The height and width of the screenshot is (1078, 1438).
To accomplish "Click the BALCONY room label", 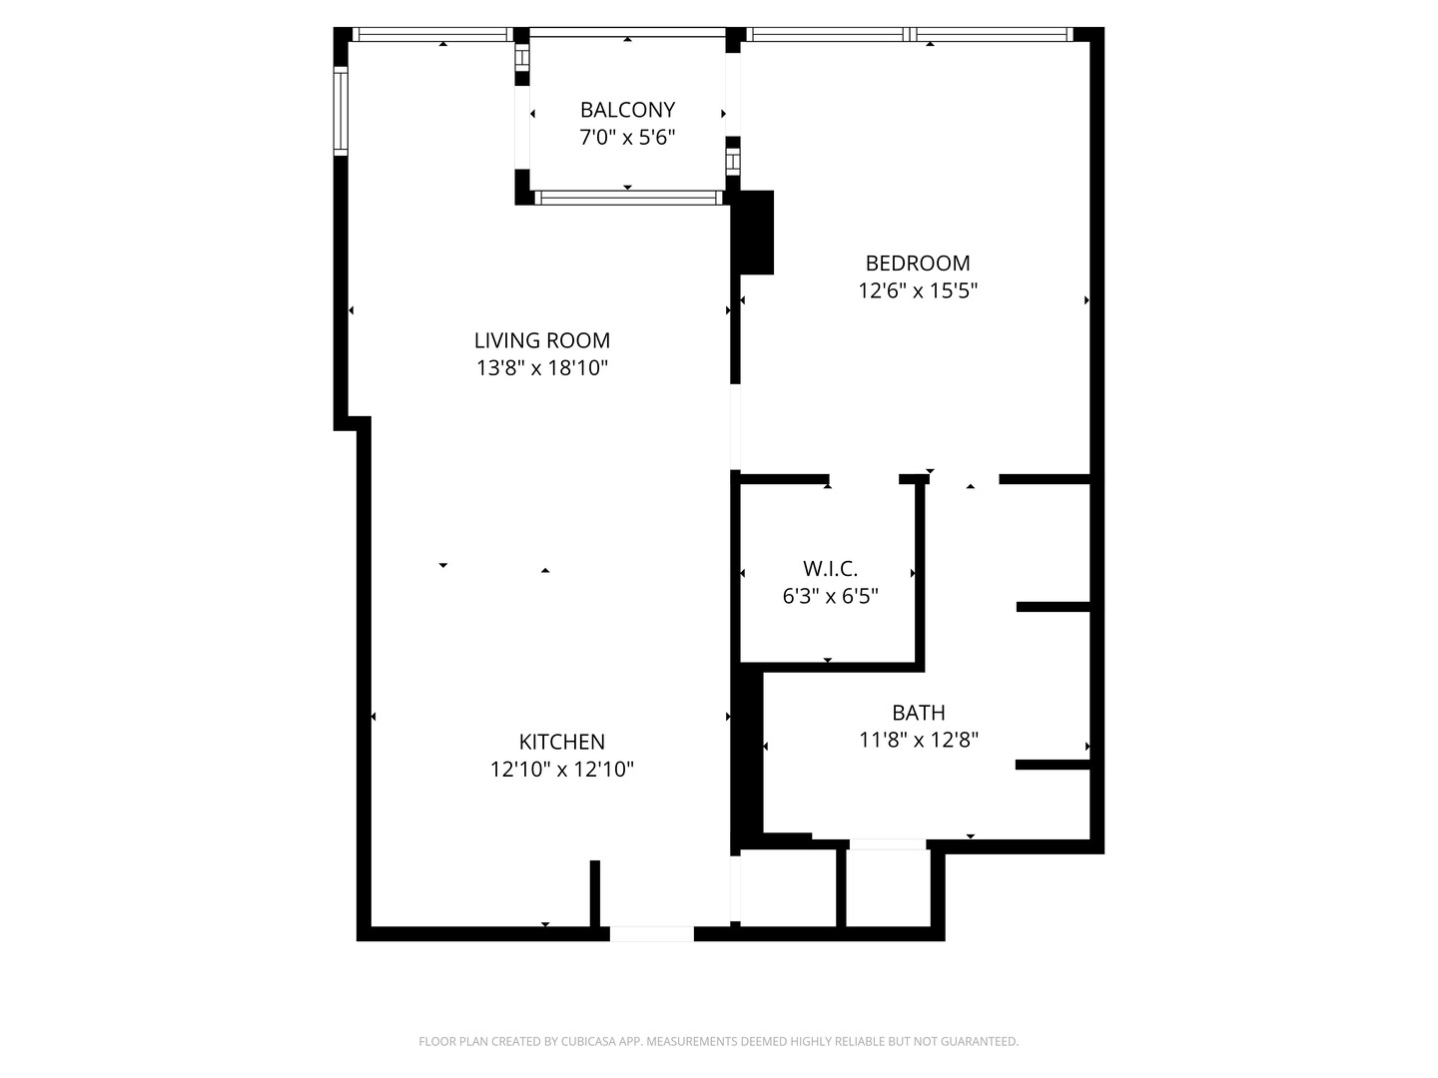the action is (627, 110).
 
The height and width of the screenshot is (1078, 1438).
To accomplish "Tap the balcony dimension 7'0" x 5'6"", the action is (627, 138).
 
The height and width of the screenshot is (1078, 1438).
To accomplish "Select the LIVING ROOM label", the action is (542, 340).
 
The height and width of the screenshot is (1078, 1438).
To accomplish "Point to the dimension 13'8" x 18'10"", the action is (542, 368).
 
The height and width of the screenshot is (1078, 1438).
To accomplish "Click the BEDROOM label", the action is (917, 264).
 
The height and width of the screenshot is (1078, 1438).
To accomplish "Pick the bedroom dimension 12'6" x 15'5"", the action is (917, 290).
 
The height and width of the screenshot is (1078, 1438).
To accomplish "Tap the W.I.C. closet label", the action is (830, 568).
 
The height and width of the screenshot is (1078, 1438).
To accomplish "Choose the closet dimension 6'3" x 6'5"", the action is (830, 596).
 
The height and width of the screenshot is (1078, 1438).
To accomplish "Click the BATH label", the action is (919, 712).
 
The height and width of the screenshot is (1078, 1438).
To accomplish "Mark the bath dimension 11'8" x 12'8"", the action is (919, 740).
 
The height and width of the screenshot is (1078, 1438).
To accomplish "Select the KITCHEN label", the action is (561, 742).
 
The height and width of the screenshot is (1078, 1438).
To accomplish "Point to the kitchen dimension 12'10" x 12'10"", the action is (561, 769).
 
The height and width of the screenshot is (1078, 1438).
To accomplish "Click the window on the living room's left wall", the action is (341, 111).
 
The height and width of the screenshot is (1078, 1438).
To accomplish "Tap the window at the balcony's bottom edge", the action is (628, 198).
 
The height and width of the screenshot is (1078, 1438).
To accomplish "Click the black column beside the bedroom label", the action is (757, 233).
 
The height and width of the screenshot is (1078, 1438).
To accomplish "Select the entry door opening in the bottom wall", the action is (652, 933).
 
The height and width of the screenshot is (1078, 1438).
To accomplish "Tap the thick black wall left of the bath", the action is (748, 753).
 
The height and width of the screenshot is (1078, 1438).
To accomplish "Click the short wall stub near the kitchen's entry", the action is (595, 893).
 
